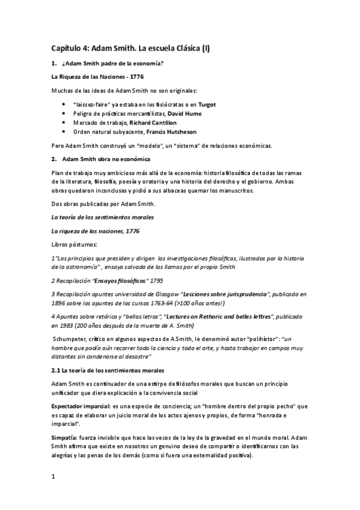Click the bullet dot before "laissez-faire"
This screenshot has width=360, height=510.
click(x=65, y=104)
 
